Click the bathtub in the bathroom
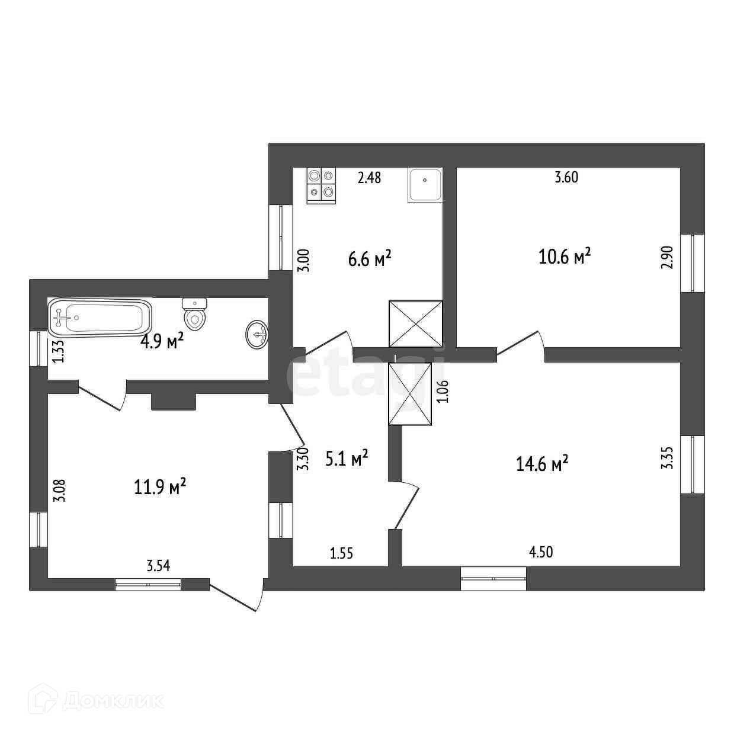(x=100, y=316)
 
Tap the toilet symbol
(x=195, y=314)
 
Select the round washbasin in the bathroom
(x=257, y=334)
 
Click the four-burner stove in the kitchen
(x=321, y=184)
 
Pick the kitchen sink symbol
(x=425, y=184)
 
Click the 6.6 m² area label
(x=370, y=259)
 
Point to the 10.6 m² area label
(x=565, y=257)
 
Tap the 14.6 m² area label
(x=542, y=464)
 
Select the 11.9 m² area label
(x=161, y=487)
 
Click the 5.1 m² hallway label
(x=347, y=457)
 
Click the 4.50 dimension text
(x=540, y=552)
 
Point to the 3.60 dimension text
(x=566, y=177)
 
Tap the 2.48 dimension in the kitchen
(x=369, y=177)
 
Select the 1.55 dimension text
(x=341, y=553)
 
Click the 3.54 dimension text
(x=158, y=566)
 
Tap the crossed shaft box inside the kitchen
(x=415, y=323)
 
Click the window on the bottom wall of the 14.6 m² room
(x=493, y=579)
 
